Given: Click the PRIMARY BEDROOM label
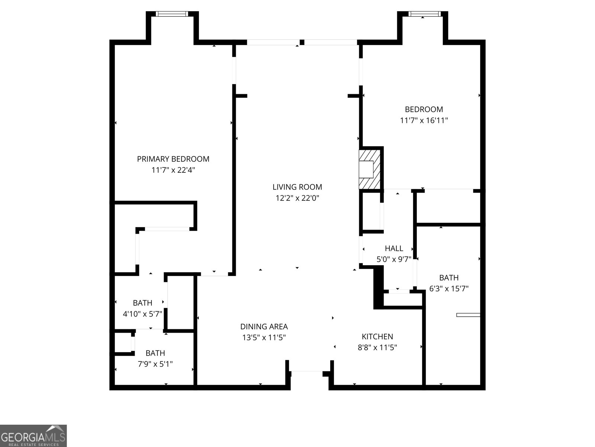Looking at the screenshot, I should pos(173,159).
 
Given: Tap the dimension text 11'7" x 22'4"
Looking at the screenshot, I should pos(173,170).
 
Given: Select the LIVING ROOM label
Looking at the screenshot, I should pos(297,187).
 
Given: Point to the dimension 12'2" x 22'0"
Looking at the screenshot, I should pos(297,198).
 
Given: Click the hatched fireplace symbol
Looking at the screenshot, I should pos(370,169).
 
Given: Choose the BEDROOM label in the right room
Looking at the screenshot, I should pos(424,109).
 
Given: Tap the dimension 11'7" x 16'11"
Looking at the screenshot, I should pos(424,120).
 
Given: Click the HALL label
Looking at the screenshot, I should pos(394,248).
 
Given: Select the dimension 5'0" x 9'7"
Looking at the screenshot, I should pos(394,259).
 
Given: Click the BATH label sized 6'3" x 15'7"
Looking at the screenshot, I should pos(448,278).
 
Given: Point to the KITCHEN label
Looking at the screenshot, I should pos(377,336).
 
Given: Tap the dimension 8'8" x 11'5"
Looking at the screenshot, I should pos(377,348).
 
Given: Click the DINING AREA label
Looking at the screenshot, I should pos(264,327).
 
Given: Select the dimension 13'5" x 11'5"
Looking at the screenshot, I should pos(264,338).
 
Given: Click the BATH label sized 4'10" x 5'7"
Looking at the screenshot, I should pos(142,303).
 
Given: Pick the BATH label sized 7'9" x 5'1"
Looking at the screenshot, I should pos(155,353).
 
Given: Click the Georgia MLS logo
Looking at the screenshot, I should pos(33,435).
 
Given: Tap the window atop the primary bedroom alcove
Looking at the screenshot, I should pos(172,14).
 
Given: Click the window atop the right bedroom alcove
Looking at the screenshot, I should pos(424,14).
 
